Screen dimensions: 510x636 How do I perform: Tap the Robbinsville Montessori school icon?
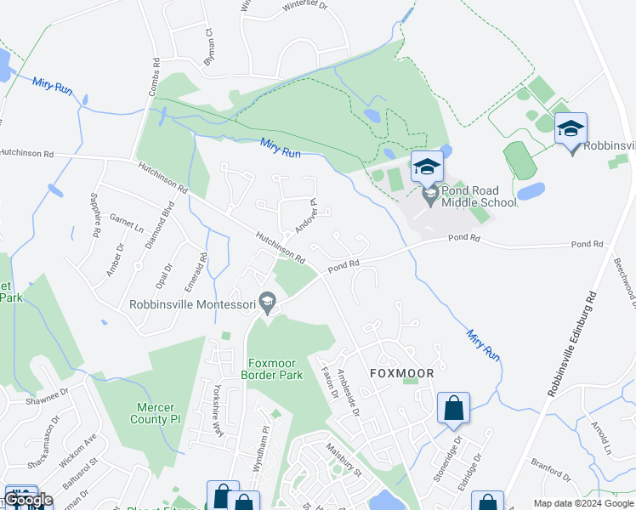click(267, 301)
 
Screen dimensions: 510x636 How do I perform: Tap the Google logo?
click(29, 501)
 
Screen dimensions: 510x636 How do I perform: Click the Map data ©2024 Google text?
click(582, 503)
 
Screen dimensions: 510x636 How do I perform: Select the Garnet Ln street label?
click(126, 225)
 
